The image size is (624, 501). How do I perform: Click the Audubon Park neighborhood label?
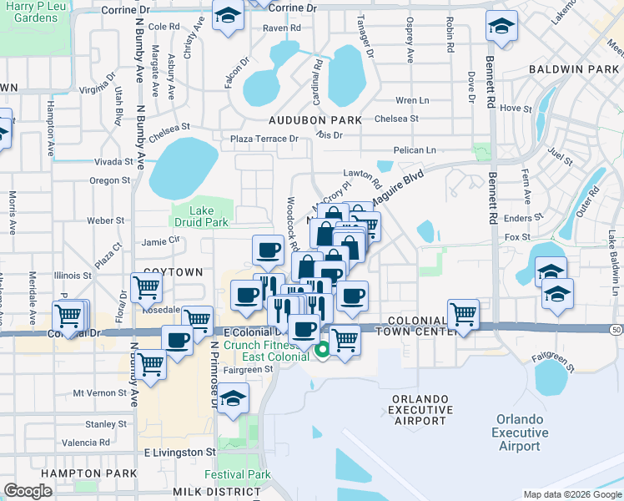316,120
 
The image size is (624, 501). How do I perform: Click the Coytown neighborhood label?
174,272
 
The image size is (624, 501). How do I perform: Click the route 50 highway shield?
615,331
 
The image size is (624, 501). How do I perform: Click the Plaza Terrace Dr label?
264,139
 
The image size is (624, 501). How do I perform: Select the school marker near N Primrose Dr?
234,398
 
